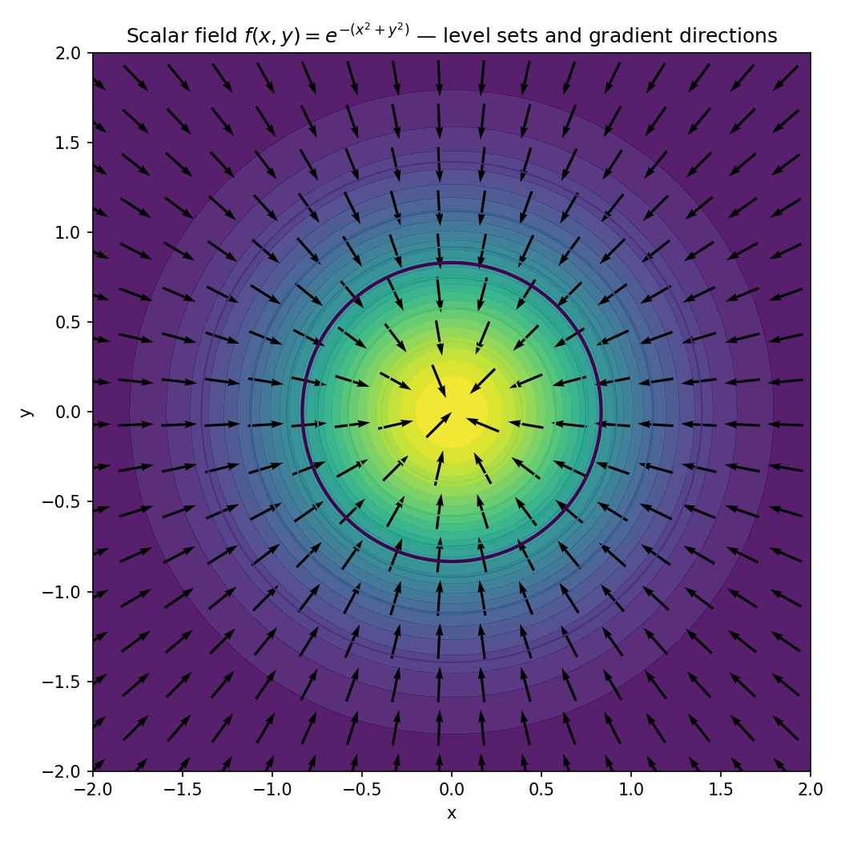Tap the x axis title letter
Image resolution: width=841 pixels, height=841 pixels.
(452, 814)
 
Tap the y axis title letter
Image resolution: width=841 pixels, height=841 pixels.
(26, 412)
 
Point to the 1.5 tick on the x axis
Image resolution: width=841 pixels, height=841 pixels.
(721, 789)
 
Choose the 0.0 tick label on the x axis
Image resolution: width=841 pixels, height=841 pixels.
(452, 789)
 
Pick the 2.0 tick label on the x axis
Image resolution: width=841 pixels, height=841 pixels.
(811, 789)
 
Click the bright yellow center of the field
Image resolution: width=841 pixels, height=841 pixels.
(452, 412)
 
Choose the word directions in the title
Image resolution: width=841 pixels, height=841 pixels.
(732, 36)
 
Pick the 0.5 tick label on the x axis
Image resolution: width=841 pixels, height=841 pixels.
(541, 789)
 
